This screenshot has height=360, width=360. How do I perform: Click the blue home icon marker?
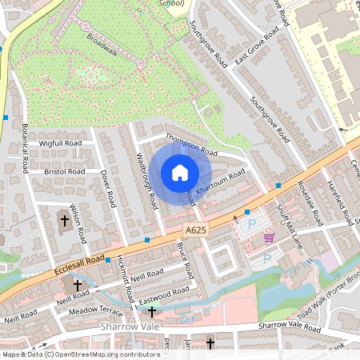tap(179, 173)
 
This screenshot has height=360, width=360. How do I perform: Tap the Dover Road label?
tap(109, 189)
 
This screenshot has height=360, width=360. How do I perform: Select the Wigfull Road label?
tap(61, 143)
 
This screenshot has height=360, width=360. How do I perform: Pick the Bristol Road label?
tap(65, 171)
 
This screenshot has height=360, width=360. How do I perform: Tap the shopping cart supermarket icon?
tap(269, 238)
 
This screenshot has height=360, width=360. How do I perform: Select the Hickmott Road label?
tap(122, 271)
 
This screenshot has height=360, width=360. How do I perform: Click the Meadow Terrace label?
tap(95, 311)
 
